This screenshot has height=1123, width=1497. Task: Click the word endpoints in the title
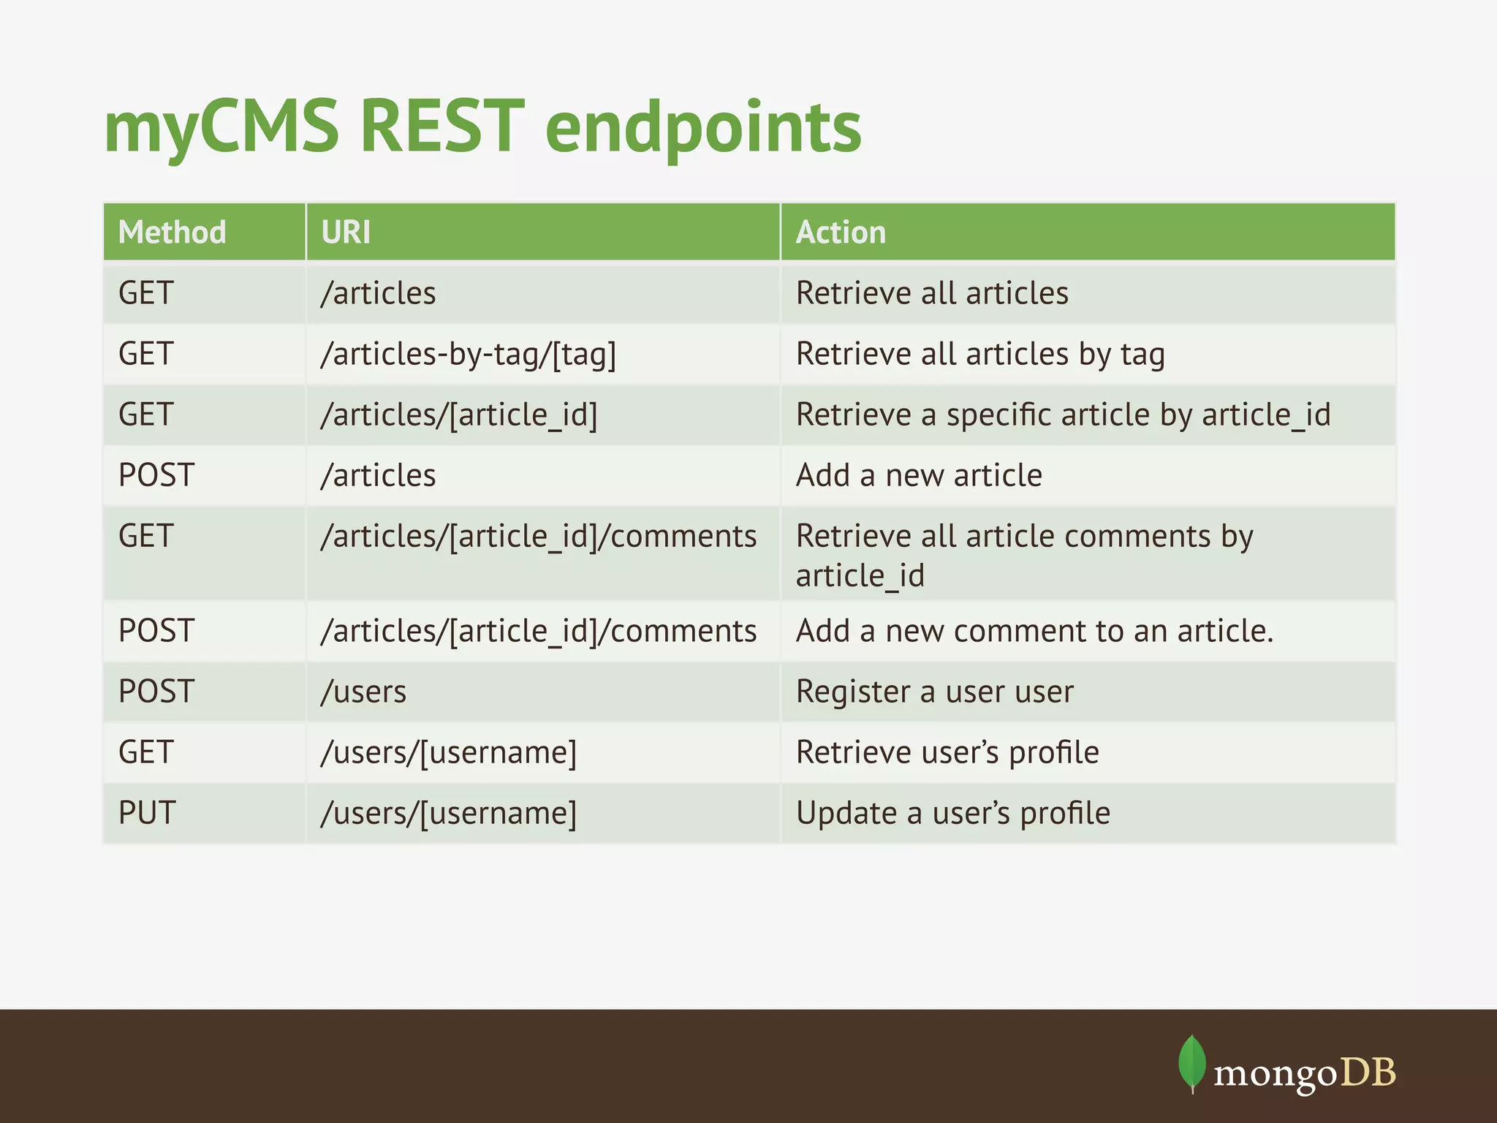click(x=703, y=129)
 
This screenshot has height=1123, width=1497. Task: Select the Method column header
click(x=173, y=232)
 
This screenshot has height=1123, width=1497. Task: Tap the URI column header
click(x=346, y=232)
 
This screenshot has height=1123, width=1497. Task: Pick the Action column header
click(x=841, y=232)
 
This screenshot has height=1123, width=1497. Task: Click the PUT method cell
click(x=147, y=813)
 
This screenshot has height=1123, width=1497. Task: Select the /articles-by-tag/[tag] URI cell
click(x=469, y=355)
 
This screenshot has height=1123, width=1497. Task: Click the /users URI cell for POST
click(x=363, y=692)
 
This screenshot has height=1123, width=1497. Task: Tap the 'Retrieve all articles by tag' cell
click(x=979, y=355)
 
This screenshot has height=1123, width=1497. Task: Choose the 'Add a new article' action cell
click(x=919, y=476)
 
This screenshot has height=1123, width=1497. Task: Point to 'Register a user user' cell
click(x=934, y=692)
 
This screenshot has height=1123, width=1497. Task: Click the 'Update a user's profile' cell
click(x=952, y=813)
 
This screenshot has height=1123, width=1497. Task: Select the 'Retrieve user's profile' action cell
click(x=947, y=752)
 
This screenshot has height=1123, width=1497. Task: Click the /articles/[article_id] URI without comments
click(x=459, y=415)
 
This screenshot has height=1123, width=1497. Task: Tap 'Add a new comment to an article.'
click(x=1034, y=631)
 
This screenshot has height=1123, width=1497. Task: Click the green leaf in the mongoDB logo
click(x=1192, y=1062)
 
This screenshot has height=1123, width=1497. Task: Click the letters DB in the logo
click(x=1368, y=1073)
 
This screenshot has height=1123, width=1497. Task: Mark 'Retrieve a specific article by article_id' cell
click(x=1063, y=415)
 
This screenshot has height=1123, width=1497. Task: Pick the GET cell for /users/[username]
click(x=146, y=752)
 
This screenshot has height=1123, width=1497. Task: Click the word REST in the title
click(x=442, y=129)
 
